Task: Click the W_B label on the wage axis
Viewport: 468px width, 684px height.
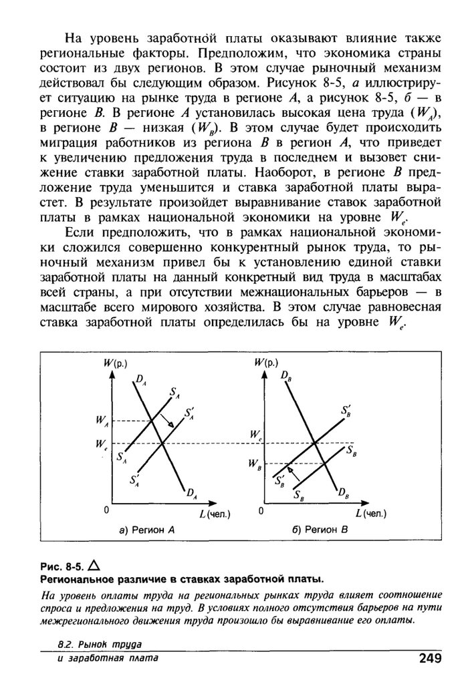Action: (253, 462)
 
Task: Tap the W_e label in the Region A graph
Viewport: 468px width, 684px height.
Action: (101, 443)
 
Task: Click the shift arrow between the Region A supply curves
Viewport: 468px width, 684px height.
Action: (171, 423)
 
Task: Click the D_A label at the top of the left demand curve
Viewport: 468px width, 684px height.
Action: (141, 380)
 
